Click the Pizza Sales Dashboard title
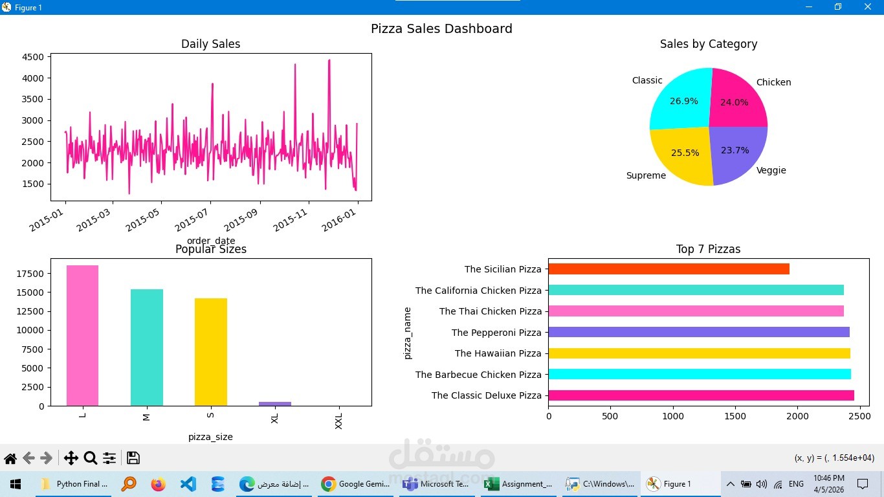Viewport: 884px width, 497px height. tap(441, 29)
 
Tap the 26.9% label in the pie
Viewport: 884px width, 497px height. tap(683, 102)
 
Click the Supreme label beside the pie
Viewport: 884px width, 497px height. tap(646, 175)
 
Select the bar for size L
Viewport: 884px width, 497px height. tap(82, 335)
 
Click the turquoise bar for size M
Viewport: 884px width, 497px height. tap(146, 348)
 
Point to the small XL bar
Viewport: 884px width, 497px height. tap(275, 404)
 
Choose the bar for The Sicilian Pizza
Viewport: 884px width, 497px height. tap(669, 269)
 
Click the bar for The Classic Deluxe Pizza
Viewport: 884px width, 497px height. tap(701, 395)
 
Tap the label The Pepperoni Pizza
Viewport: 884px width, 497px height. tap(496, 333)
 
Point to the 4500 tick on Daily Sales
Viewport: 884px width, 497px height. tap(33, 57)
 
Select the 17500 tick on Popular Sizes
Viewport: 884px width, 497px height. tap(30, 274)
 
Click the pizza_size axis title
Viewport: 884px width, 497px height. tap(210, 437)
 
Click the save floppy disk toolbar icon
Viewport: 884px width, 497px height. tap(133, 458)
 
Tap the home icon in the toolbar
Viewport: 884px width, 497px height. tap(10, 459)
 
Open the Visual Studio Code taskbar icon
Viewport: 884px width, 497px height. tap(188, 484)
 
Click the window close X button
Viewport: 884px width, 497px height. tap(868, 7)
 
